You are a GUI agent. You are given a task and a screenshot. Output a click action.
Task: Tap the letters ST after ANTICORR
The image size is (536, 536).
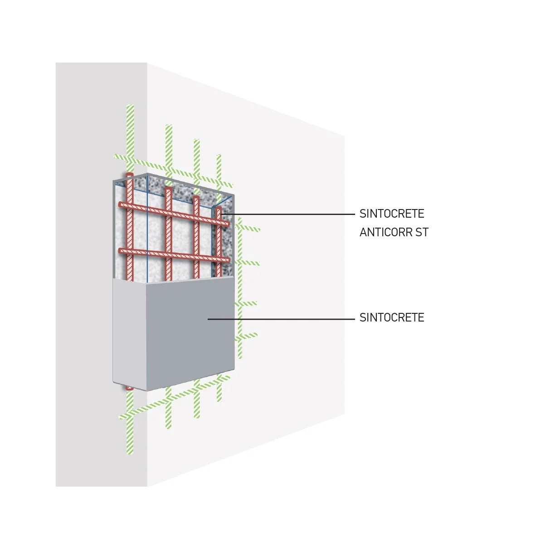[422, 233]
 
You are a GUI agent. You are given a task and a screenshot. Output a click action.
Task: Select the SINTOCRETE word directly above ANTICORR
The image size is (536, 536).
[392, 214]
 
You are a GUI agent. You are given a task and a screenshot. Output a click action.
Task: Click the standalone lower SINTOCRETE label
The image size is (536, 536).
[392, 317]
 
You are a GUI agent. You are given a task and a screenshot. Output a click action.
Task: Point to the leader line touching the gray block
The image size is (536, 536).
[281, 319]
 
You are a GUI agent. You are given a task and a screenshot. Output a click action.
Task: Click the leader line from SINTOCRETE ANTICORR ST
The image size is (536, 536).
[287, 214]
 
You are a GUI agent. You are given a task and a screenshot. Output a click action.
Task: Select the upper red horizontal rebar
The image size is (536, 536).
[174, 214]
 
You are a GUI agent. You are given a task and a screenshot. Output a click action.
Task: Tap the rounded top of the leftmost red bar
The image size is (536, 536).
[129, 175]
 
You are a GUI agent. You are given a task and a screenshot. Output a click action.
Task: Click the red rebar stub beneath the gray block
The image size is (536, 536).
[129, 388]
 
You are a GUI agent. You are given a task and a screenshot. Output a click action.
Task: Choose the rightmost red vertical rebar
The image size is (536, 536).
[219, 243]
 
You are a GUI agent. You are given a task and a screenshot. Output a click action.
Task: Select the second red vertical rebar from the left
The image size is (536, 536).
[168, 234]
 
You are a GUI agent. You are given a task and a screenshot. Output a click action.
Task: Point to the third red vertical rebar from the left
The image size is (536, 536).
[196, 237]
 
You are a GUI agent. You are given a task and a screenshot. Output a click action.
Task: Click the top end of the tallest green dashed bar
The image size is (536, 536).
[130, 106]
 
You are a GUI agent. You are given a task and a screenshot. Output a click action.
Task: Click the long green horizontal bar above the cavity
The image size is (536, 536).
[173, 171]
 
